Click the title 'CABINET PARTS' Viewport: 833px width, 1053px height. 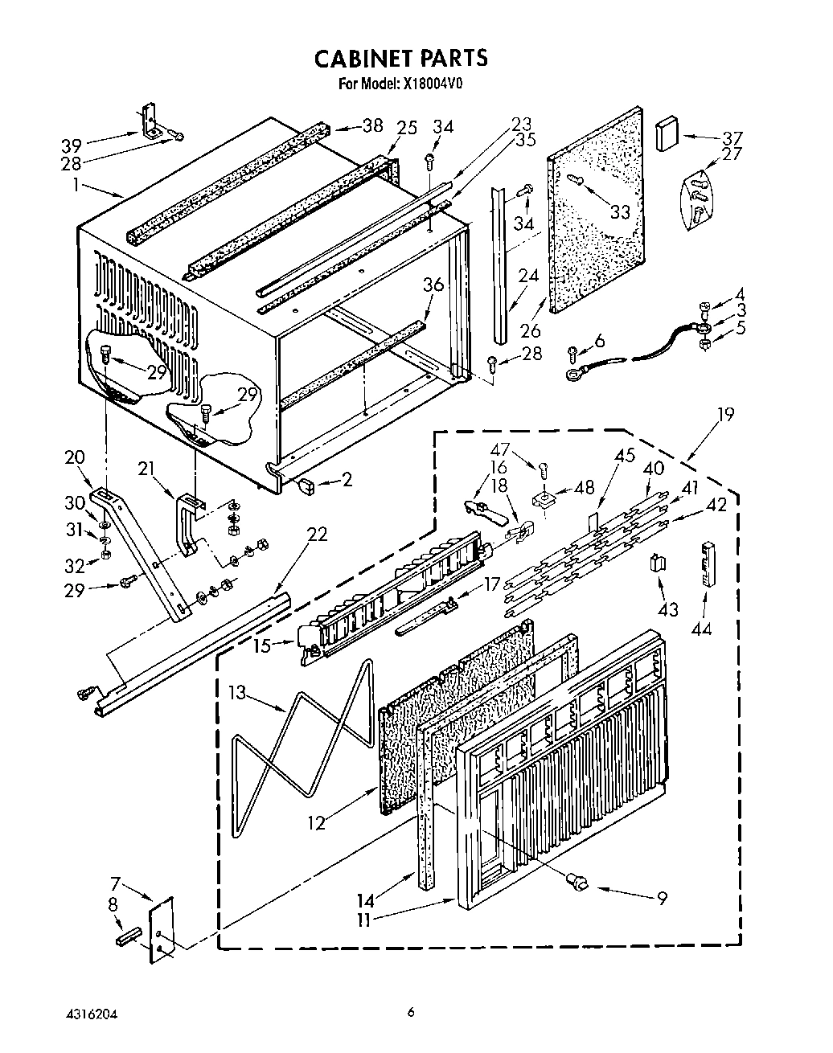click(400, 58)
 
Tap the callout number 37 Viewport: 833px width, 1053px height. click(732, 137)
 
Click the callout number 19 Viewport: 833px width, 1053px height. click(725, 415)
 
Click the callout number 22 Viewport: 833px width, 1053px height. click(317, 534)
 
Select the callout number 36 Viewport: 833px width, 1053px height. click(433, 285)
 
